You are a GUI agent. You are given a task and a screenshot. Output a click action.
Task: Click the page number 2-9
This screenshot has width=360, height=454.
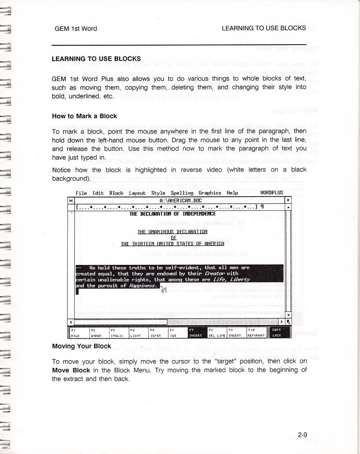point(302,435)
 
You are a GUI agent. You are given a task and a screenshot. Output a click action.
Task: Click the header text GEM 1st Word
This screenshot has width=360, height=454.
point(76,29)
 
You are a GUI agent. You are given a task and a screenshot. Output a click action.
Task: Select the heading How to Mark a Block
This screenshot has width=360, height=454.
point(84,116)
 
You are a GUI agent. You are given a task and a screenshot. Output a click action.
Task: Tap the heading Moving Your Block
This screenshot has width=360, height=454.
point(81,346)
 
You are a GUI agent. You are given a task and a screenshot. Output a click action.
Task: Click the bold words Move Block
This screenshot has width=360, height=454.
point(71,370)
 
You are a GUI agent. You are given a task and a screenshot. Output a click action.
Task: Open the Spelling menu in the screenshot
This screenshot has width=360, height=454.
point(182,193)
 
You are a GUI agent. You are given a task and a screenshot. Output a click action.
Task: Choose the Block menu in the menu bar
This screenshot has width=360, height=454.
point(116,193)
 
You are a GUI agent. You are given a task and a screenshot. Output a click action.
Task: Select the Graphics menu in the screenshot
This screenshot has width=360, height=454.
point(210,193)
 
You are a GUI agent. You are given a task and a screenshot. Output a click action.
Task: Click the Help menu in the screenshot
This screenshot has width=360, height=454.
point(232,193)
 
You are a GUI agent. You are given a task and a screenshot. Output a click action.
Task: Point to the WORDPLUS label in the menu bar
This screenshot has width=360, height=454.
point(271,193)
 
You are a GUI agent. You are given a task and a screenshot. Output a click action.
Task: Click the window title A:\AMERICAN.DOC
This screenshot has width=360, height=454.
point(181,201)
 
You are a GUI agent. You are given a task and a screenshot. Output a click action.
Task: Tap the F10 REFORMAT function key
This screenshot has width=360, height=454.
point(256,333)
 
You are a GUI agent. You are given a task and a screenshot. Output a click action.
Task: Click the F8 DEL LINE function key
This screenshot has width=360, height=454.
point(217,333)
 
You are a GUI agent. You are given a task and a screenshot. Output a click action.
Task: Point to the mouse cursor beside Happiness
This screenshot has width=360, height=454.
point(163,289)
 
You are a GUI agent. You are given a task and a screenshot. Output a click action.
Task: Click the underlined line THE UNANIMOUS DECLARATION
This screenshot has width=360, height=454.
point(172,232)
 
